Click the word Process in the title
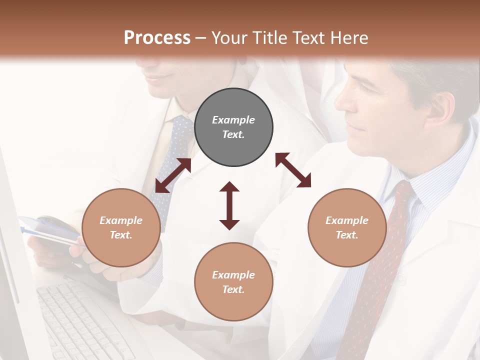tap(157, 37)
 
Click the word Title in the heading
tap(269, 37)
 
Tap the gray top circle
tap(233, 127)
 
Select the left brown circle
tap(121, 227)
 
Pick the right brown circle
tap(347, 227)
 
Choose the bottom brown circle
tap(233, 282)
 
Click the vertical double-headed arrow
tap(229, 206)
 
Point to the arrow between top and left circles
tap(173, 175)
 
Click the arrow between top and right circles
tap(293, 170)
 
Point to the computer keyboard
tap(80, 320)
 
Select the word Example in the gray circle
tap(233, 120)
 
